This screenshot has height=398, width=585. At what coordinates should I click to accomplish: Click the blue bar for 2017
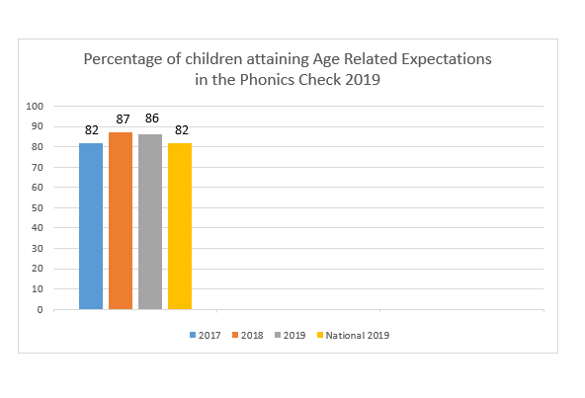(x=91, y=226)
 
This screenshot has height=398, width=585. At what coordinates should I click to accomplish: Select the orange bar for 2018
(x=121, y=221)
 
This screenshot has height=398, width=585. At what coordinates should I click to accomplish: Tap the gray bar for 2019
(x=150, y=222)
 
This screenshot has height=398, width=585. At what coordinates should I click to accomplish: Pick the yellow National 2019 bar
(x=180, y=226)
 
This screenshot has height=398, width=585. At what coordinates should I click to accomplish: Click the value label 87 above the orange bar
(x=123, y=119)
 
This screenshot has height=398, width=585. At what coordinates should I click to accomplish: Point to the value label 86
(x=152, y=119)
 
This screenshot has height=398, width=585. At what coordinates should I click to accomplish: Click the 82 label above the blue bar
(x=91, y=130)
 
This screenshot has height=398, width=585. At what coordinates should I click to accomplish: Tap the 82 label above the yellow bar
(x=182, y=130)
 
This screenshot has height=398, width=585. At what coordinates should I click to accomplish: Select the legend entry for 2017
(x=206, y=336)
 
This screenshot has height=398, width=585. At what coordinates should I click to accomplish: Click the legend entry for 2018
(x=248, y=336)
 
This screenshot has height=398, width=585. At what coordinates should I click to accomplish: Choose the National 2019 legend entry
(x=353, y=336)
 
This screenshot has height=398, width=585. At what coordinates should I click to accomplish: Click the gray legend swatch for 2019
(x=278, y=335)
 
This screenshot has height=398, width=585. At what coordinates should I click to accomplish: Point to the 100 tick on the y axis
(x=35, y=107)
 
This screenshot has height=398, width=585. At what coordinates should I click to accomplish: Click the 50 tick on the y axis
(x=38, y=208)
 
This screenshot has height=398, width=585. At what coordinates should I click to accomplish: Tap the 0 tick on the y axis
(x=40, y=310)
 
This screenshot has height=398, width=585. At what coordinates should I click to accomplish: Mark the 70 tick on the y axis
(x=38, y=168)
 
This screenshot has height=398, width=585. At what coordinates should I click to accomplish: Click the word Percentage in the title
(x=124, y=59)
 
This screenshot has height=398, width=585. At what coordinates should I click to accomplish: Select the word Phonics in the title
(x=267, y=79)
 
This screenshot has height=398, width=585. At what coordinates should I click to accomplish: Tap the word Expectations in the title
(x=447, y=59)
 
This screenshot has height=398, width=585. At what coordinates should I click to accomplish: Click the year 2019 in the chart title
(x=363, y=79)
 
